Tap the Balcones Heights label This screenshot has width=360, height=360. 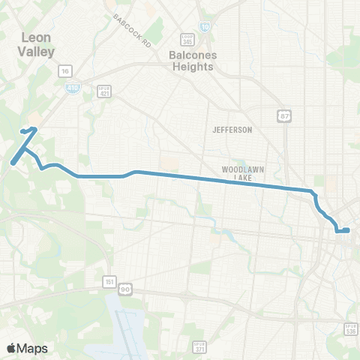click(x=192, y=59)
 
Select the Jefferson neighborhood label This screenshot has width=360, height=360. click(x=232, y=130)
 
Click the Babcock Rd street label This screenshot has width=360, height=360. click(x=133, y=30)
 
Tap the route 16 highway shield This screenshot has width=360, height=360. click(x=65, y=70)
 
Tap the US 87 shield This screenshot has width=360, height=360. click(x=286, y=115)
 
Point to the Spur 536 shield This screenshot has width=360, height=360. click(x=349, y=328)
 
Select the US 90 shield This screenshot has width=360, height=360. click(x=125, y=288)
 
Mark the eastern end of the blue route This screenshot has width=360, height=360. click(x=349, y=229)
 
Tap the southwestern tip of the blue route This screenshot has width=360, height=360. click(x=13, y=160)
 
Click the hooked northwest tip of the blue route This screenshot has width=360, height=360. click(x=34, y=129)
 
